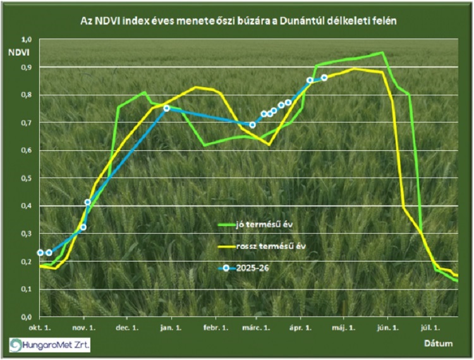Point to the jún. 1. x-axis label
point(387,328)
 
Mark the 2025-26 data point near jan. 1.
point(167,108)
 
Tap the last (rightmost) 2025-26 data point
point(324,78)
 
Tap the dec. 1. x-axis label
point(127,328)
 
